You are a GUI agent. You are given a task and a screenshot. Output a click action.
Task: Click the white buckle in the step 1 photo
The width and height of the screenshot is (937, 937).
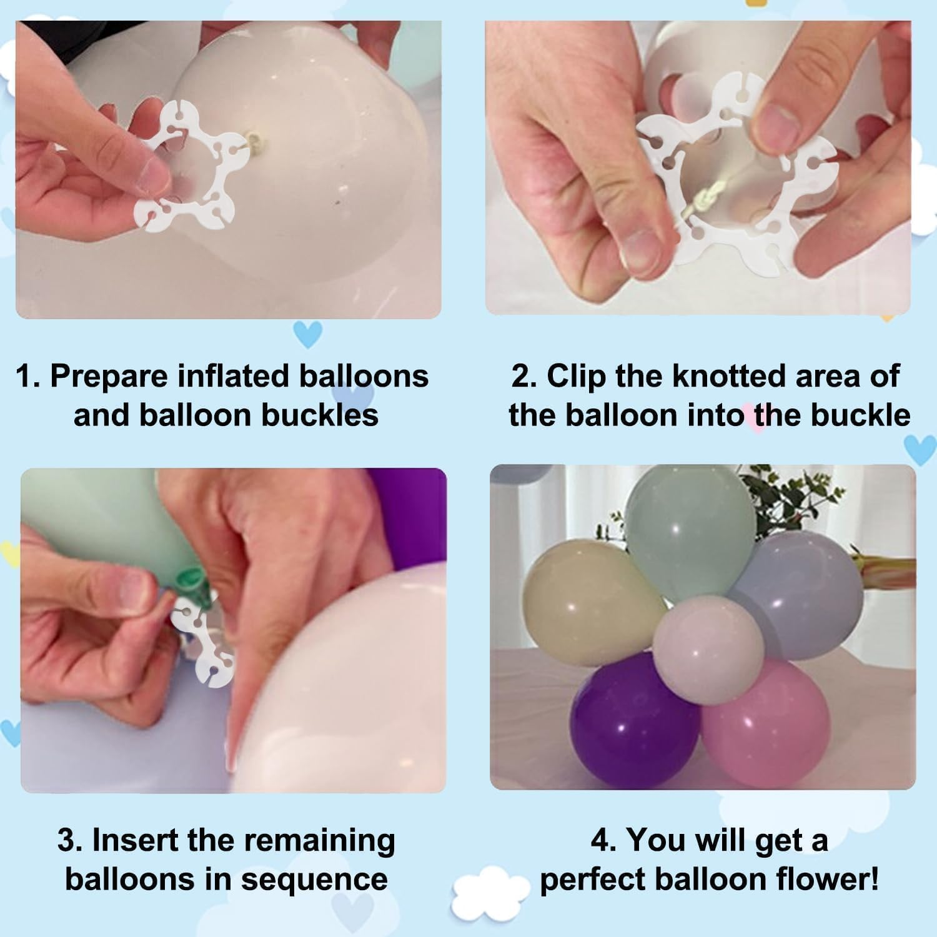point(187,169)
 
